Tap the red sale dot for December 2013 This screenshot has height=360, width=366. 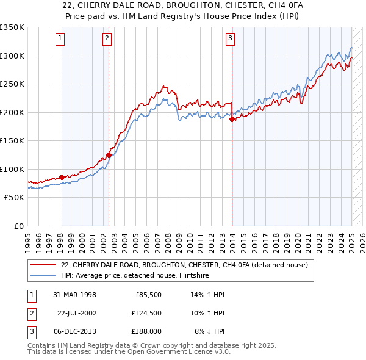(x=232, y=120)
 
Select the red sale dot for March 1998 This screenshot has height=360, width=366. (x=62, y=178)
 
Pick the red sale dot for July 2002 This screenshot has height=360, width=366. (x=109, y=155)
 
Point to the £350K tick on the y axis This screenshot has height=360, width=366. (x=12, y=27)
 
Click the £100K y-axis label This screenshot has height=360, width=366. (x=12, y=169)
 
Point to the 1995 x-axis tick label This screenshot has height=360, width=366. (x=28, y=239)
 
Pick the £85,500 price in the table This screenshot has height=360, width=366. (x=148, y=295)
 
